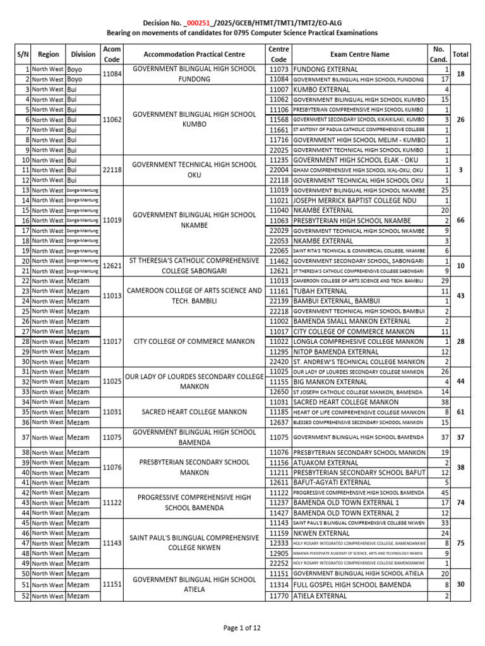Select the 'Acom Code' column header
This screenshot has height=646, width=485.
pyautogui.click(x=112, y=54)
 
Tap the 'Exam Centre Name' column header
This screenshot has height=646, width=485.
pyautogui.click(x=359, y=54)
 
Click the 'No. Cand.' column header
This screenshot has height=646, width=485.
pyautogui.click(x=438, y=54)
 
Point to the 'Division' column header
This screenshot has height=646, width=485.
pyautogui.click(x=83, y=54)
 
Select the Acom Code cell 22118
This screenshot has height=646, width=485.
pyautogui.click(x=112, y=170)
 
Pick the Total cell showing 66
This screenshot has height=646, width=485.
pyautogui.click(x=460, y=220)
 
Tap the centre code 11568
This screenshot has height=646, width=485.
pyautogui.click(x=278, y=119)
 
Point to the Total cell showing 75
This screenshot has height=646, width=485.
pyautogui.click(x=460, y=543)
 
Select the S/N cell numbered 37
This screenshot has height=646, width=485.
pyautogui.click(x=26, y=437)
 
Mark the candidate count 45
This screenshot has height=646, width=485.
pyautogui.click(x=445, y=493)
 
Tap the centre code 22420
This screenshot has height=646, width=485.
pyautogui.click(x=278, y=361)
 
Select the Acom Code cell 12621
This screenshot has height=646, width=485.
pyautogui.click(x=112, y=266)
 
